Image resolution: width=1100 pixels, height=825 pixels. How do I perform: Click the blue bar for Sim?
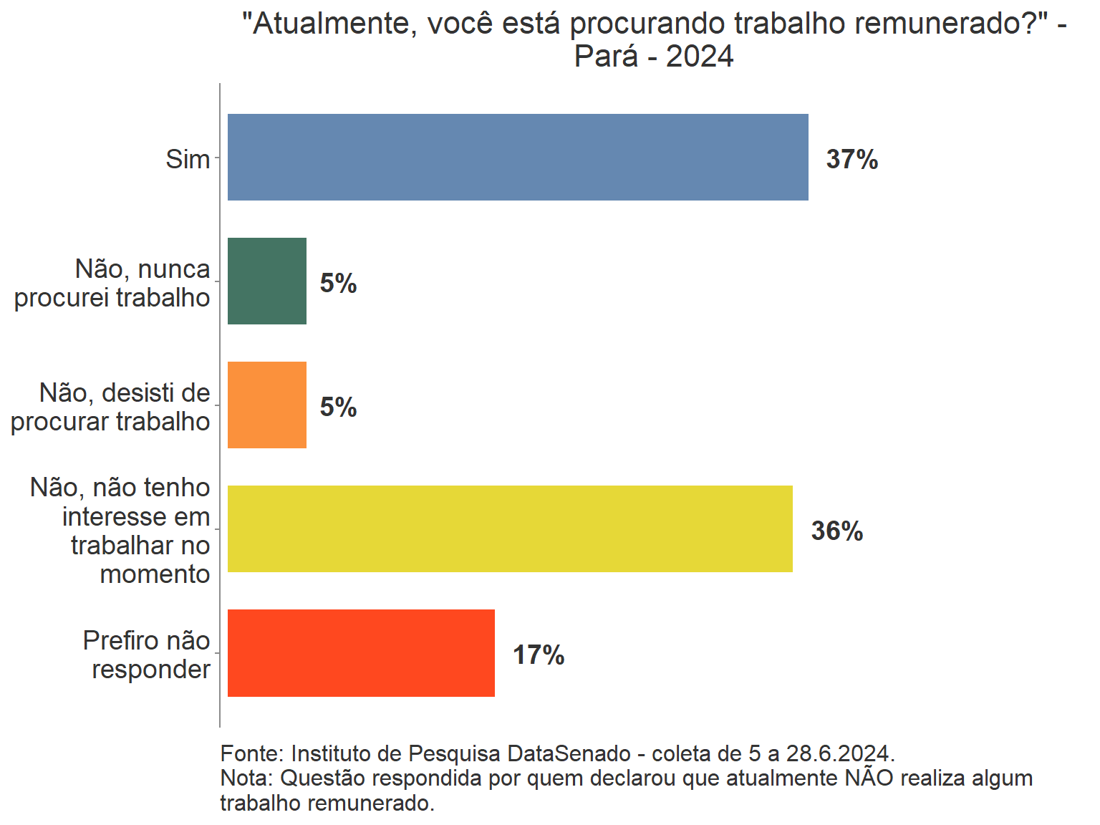coord(518,157)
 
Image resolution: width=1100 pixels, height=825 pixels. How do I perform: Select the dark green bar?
coord(267,281)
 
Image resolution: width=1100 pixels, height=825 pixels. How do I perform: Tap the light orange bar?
coord(267,405)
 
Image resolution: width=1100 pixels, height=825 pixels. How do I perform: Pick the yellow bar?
coord(510,529)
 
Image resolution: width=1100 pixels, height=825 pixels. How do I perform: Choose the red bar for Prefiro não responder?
coord(361,652)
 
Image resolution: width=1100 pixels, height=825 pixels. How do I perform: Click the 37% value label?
coord(851,159)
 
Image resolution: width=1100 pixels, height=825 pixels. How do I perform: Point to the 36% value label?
coord(836,531)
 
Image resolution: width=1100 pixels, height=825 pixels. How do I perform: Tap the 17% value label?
coord(539,655)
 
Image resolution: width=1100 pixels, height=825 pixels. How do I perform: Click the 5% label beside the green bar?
coord(338,283)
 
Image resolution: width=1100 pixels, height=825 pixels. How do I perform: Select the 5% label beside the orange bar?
coord(338,407)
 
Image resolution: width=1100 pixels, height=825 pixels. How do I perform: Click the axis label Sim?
coord(188,159)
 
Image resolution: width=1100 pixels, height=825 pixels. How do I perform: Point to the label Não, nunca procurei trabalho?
coord(112,283)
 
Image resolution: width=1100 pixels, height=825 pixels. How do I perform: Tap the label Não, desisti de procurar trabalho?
coord(110,407)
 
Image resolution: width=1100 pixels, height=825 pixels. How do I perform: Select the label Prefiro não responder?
coord(147,655)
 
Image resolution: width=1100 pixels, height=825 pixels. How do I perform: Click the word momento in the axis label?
coord(155,574)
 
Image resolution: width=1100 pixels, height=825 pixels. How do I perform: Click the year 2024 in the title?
coord(700,56)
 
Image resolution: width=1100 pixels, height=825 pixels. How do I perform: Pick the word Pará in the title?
coord(605,56)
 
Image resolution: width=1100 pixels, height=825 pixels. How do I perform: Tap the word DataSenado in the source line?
coord(569,753)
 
